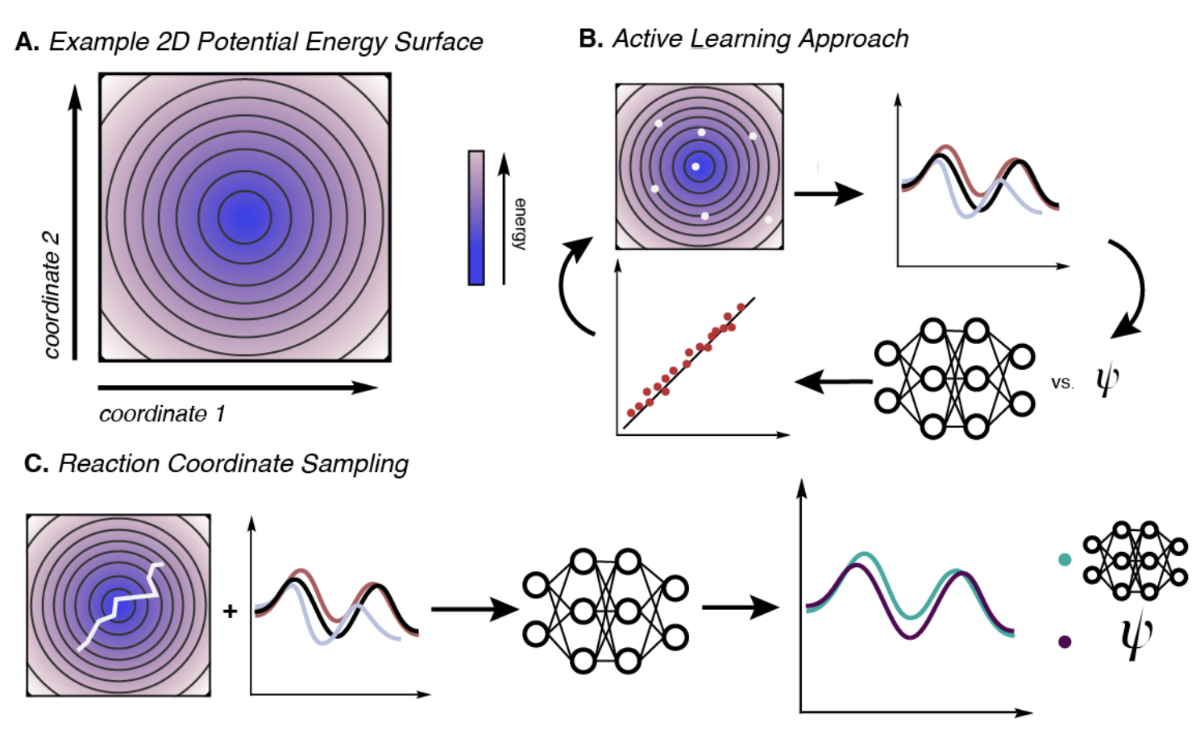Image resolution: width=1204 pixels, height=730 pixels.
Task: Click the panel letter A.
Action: click(x=26, y=42)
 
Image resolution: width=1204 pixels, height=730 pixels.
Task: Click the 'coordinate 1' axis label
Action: click(x=162, y=414)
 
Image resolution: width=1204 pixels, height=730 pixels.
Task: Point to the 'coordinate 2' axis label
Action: click(x=51, y=295)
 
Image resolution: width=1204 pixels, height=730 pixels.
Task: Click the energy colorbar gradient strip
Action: click(x=476, y=218)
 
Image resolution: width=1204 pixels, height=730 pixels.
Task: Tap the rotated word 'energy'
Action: click(x=521, y=223)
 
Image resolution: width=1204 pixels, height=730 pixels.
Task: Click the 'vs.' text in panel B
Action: click(x=1062, y=384)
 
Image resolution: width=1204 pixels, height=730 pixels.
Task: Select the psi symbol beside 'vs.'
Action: click(x=1107, y=379)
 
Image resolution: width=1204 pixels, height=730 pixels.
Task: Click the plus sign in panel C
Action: click(x=230, y=612)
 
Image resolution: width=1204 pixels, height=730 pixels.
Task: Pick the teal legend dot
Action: click(x=1065, y=559)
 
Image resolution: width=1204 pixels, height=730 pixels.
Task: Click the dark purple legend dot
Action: click(x=1065, y=641)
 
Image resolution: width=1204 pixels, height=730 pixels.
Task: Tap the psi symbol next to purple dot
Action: click(x=1136, y=637)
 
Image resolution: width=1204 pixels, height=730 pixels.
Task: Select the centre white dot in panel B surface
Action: click(x=696, y=167)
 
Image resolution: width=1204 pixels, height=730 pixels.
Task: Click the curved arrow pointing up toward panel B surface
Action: click(x=575, y=286)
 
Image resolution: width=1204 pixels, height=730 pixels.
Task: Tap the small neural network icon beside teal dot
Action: click(x=1135, y=561)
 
